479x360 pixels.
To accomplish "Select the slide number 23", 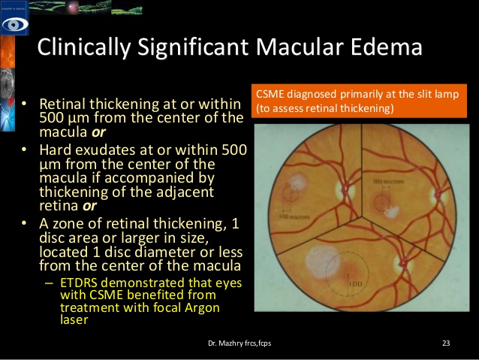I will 445,343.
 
